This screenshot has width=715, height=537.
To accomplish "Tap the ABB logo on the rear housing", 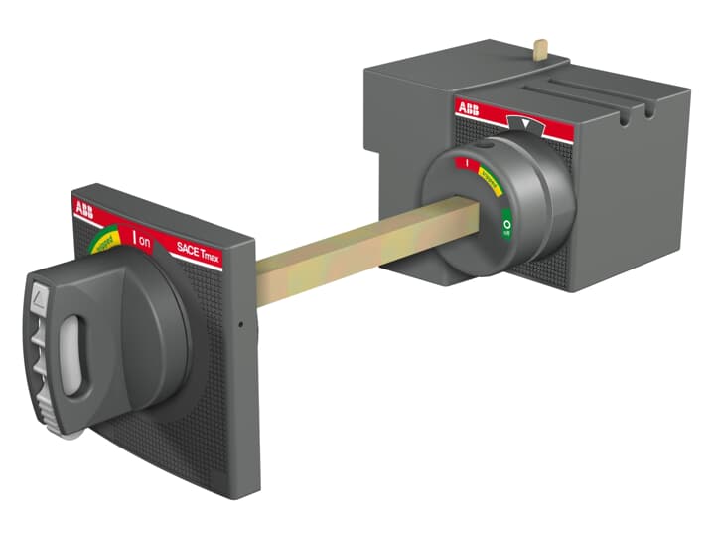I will point(467,108).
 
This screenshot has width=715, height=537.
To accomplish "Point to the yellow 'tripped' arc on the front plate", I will point(102,239).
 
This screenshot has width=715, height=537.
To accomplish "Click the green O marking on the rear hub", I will point(505,227).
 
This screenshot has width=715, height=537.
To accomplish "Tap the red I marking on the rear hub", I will point(464,162).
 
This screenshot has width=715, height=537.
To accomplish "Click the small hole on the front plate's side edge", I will point(240,323).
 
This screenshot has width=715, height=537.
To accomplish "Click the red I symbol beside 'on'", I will point(133,239).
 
